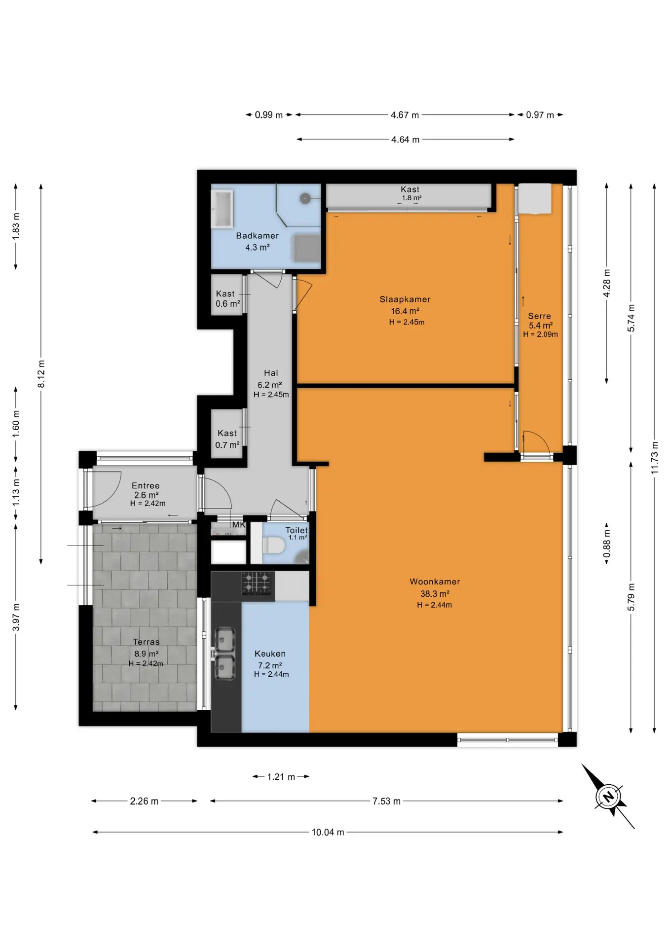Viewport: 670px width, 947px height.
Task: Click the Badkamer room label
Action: (x=257, y=236)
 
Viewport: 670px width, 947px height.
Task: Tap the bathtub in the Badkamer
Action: (x=222, y=209)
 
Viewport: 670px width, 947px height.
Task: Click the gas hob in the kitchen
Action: (x=258, y=583)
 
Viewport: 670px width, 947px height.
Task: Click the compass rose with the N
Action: (x=608, y=796)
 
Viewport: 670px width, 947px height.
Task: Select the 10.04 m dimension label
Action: (x=328, y=832)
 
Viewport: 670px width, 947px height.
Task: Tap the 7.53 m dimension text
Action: (x=386, y=801)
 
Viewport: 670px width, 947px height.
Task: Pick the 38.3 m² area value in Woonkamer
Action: (x=435, y=594)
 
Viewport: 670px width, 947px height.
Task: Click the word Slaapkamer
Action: (x=405, y=299)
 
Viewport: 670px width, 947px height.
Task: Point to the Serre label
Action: (x=539, y=316)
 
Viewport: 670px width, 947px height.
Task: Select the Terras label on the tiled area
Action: (x=146, y=642)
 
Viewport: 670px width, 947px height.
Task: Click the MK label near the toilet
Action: (x=239, y=525)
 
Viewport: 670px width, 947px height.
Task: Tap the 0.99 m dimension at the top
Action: (x=269, y=115)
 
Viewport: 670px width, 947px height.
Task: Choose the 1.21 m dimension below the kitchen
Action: (x=281, y=777)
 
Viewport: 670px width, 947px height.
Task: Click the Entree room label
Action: (x=146, y=486)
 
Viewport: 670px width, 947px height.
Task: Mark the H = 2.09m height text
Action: (x=541, y=334)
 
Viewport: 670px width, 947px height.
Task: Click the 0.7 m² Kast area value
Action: (x=227, y=445)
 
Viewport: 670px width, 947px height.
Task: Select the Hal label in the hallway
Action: (x=271, y=373)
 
